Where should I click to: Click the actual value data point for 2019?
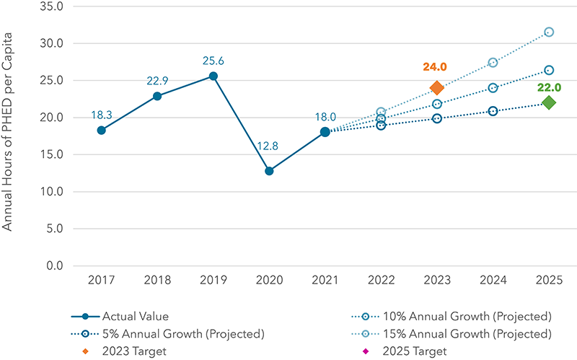click(x=213, y=76)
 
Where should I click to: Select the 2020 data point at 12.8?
click(x=269, y=171)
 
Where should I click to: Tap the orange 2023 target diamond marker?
click(x=436, y=88)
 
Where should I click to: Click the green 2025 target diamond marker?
click(x=549, y=102)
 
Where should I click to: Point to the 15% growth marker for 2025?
click(x=549, y=32)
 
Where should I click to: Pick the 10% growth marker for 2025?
click(x=549, y=70)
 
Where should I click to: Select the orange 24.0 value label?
click(x=435, y=66)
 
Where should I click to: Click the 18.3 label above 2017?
click(x=102, y=115)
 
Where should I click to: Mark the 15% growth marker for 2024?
click(x=493, y=63)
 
